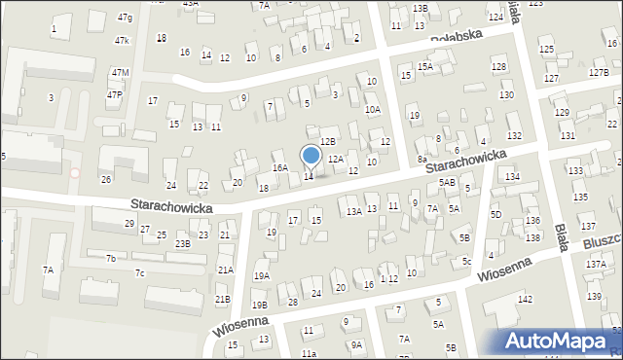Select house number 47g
125,18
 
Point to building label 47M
120,73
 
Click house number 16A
280,167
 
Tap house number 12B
328,142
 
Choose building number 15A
425,66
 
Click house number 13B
420,9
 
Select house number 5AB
447,182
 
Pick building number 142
526,300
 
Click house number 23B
183,244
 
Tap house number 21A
225,270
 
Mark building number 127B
599,73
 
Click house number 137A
595,265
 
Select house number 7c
139,272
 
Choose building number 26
106,179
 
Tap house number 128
498,66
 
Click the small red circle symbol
76,173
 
